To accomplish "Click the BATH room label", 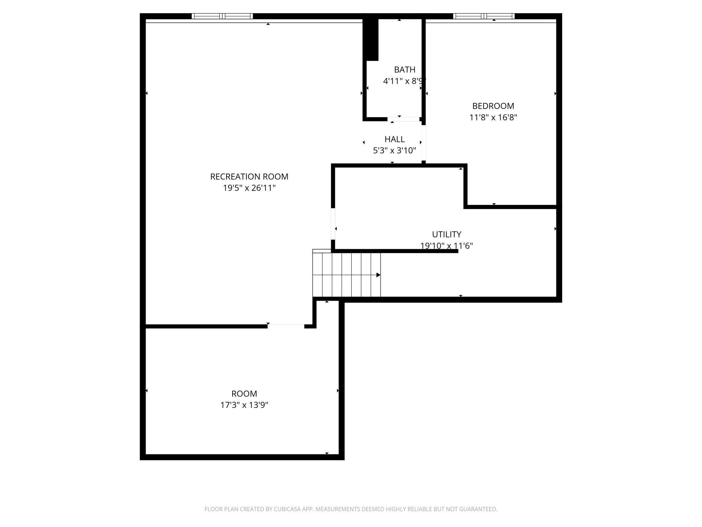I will point(404,70).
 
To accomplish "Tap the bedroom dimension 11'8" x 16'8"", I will point(493,118).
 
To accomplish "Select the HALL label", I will point(395,139).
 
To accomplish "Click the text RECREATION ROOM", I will point(249,177).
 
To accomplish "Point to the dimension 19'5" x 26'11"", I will point(249,188).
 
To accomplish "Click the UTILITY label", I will point(447,234).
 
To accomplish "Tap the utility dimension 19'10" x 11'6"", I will point(447,246).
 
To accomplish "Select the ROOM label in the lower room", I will point(244,394).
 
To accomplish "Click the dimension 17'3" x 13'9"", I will point(244,405).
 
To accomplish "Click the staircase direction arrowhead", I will point(378,275).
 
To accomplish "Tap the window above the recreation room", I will point(222,16).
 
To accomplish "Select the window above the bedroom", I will point(484,16).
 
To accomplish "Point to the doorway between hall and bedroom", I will point(424,144).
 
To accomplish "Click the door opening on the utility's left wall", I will point(333,224).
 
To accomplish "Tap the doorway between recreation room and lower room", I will point(286,326).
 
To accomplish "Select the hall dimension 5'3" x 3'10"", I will point(395,151).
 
